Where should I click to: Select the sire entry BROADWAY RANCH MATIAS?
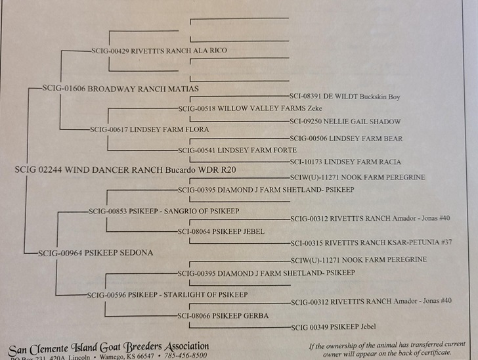120,88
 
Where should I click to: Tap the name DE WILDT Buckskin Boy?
345,97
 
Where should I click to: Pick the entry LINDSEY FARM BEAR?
346,139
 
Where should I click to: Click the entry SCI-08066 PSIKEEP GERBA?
223,316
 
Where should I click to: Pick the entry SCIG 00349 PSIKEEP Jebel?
336,326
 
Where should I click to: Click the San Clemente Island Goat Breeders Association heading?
109,347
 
